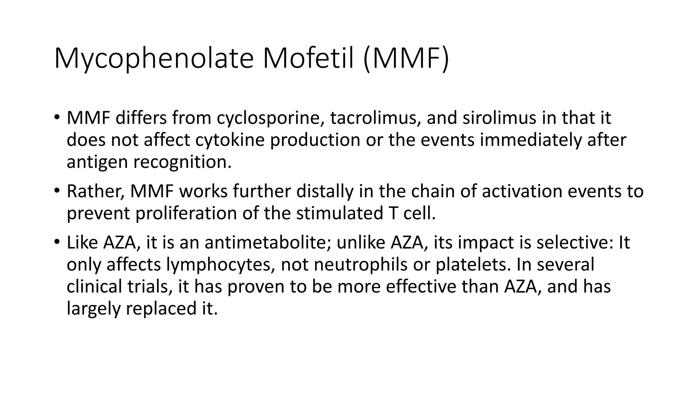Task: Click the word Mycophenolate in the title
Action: pyautogui.click(x=154, y=59)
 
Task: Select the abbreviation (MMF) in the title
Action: pyautogui.click(x=406, y=59)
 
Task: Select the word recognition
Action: pyautogui.click(x=183, y=162)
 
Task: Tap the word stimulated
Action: pyautogui.click(x=340, y=214)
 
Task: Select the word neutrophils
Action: pyautogui.click(x=360, y=265)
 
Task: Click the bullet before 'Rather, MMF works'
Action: pyautogui.click(x=57, y=190)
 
